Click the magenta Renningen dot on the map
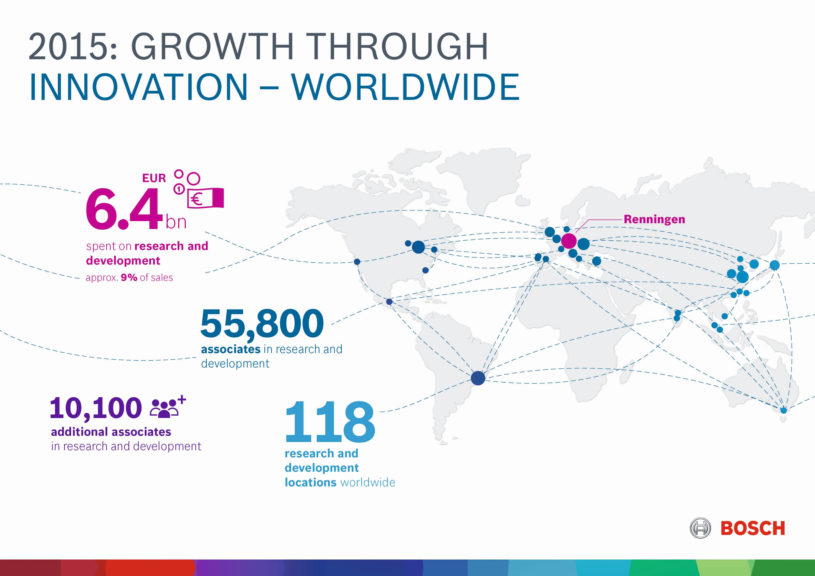coord(569,241)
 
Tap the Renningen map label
coord(654,219)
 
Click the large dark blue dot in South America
coord(478,378)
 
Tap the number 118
coord(330,422)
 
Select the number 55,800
coord(262,323)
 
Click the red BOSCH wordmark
coord(753,528)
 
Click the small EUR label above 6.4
coord(154,178)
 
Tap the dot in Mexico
coord(389,302)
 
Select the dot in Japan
coord(775,265)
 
